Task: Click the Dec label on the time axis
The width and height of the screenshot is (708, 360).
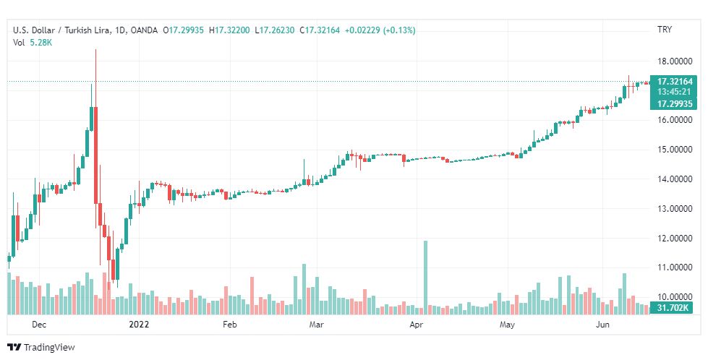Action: tap(39, 325)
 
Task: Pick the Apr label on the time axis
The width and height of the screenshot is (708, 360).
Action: tap(416, 325)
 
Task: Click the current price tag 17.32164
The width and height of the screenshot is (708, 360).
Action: tap(673, 82)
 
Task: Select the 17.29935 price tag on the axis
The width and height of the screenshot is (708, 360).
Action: tap(673, 103)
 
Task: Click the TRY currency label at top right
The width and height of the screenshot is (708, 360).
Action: tap(665, 30)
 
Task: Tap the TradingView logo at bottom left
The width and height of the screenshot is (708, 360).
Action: tap(41, 348)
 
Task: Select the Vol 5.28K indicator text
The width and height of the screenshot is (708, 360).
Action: tap(33, 43)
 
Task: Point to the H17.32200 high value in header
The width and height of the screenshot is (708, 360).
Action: tap(230, 30)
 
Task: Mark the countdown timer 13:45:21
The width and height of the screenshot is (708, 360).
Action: tap(673, 92)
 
